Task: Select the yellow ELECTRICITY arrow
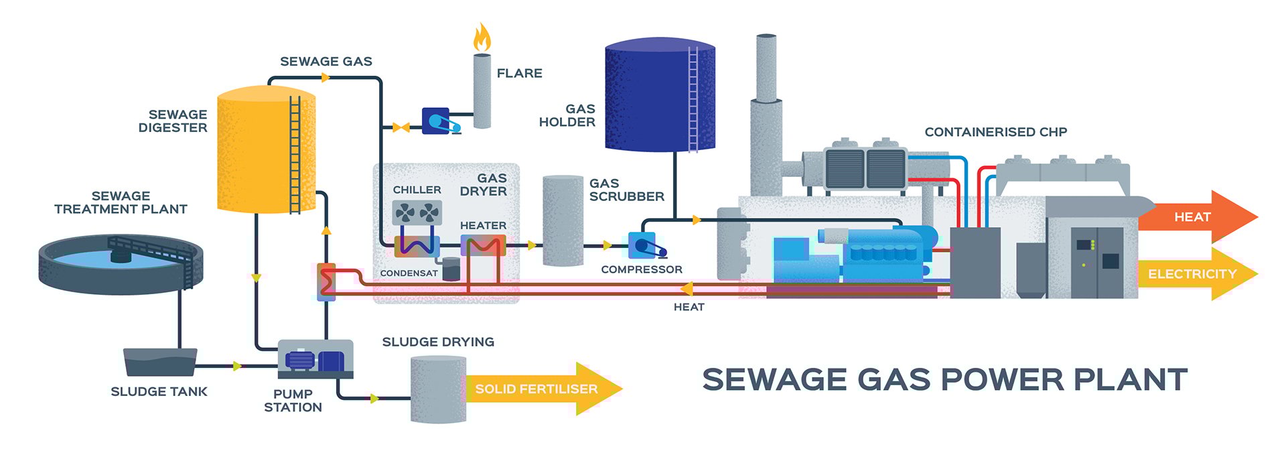tap(1196, 273)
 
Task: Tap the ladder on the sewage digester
tap(295, 154)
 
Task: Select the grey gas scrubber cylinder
tap(563, 221)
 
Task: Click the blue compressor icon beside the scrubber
tap(645, 246)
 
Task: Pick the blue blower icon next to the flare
tap(439, 121)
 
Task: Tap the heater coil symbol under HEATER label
tap(482, 246)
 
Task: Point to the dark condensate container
tap(451, 268)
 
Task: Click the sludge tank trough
tap(160, 362)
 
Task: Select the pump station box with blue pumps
tap(315, 360)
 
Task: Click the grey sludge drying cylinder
tap(438, 389)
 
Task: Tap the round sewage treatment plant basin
tap(121, 264)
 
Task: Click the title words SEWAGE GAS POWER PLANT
tap(944, 380)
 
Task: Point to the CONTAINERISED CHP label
tap(995, 132)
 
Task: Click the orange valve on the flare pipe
tap(401, 127)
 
